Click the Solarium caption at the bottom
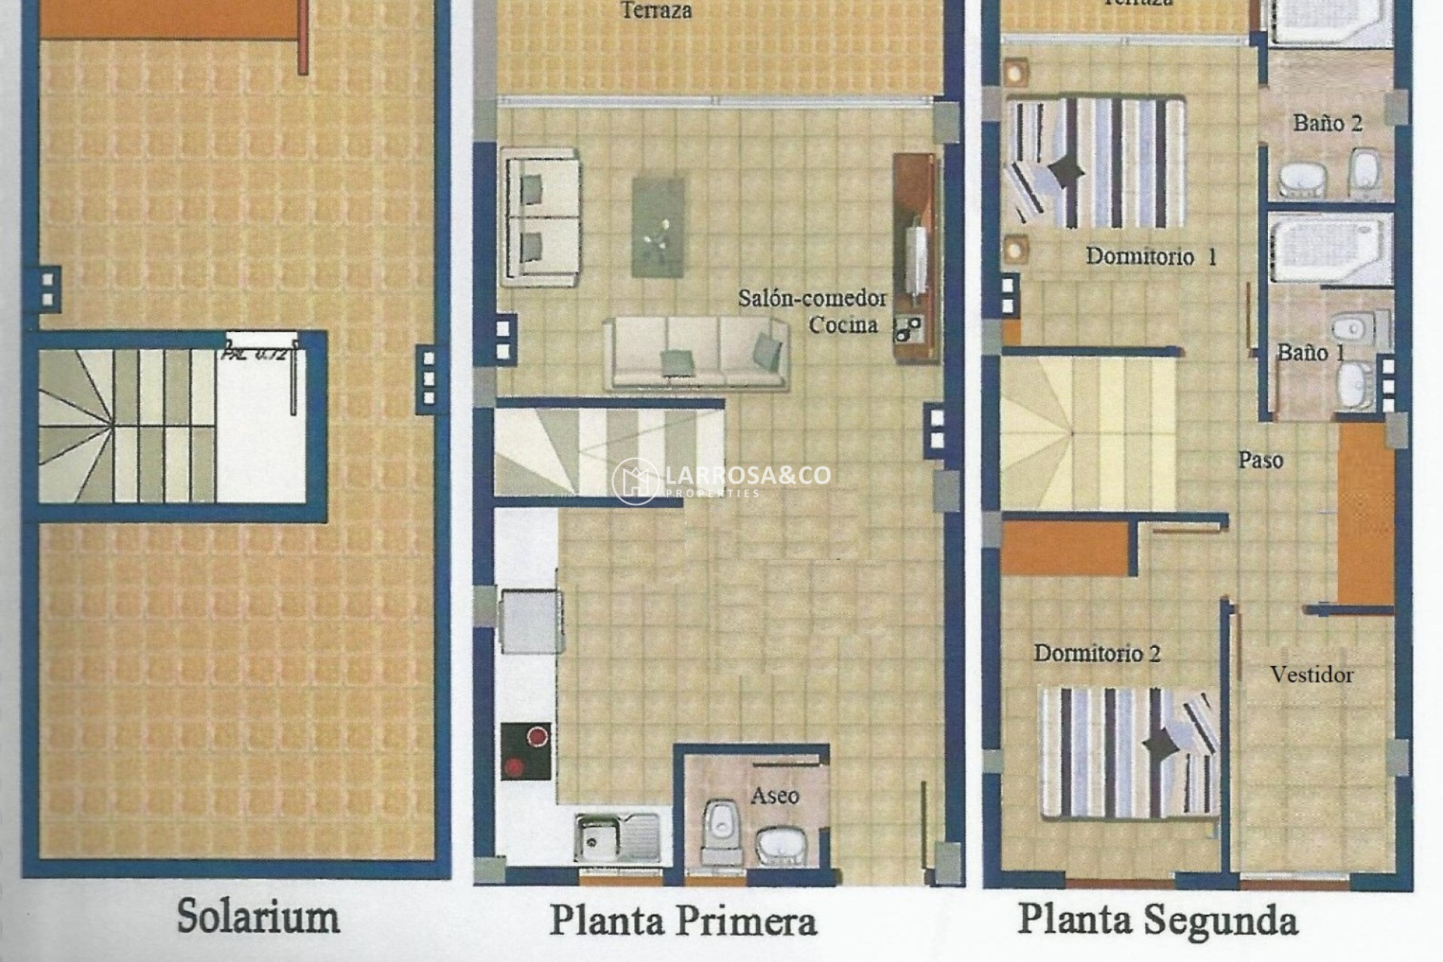click(258, 917)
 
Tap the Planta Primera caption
click(682, 921)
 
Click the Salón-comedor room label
click(812, 299)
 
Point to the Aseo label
click(775, 795)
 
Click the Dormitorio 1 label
click(1151, 257)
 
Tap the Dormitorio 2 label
click(1097, 653)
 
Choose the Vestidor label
click(1311, 675)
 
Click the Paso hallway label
click(1260, 460)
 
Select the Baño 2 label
click(1327, 123)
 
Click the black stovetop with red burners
click(526, 751)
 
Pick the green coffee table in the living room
click(658, 225)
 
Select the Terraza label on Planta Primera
click(656, 11)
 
